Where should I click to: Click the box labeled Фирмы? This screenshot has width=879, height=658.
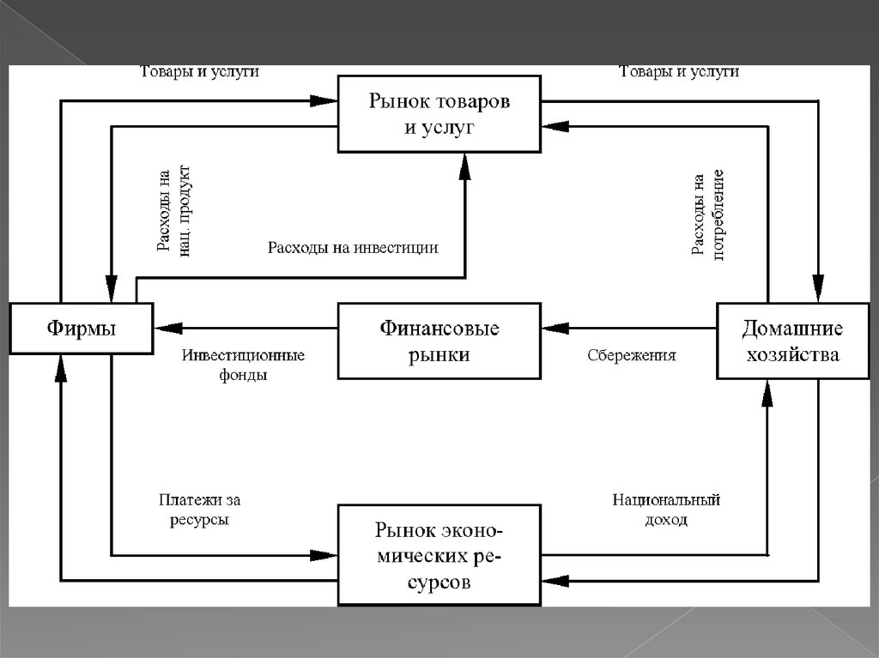pyautogui.click(x=80, y=328)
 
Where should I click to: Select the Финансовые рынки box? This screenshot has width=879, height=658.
pyautogui.click(x=439, y=341)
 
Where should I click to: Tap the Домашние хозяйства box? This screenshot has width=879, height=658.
pyautogui.click(x=791, y=341)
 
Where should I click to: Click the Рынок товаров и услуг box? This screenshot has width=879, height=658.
pyautogui.click(x=439, y=113)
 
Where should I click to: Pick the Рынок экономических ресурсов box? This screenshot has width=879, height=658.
pyautogui.click(x=439, y=555)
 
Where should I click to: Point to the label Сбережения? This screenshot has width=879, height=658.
pyautogui.click(x=632, y=355)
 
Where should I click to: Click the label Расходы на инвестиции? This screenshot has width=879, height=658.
pyautogui.click(x=353, y=248)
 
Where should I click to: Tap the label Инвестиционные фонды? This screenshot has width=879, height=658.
pyautogui.click(x=243, y=364)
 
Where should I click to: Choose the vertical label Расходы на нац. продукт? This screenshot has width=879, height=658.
pyautogui.click(x=175, y=211)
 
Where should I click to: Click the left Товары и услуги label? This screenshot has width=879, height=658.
pyautogui.click(x=199, y=72)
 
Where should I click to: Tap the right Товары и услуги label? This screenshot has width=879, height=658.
pyautogui.click(x=679, y=72)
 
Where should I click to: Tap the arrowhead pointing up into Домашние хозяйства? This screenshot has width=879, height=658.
pyautogui.click(x=767, y=392)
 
